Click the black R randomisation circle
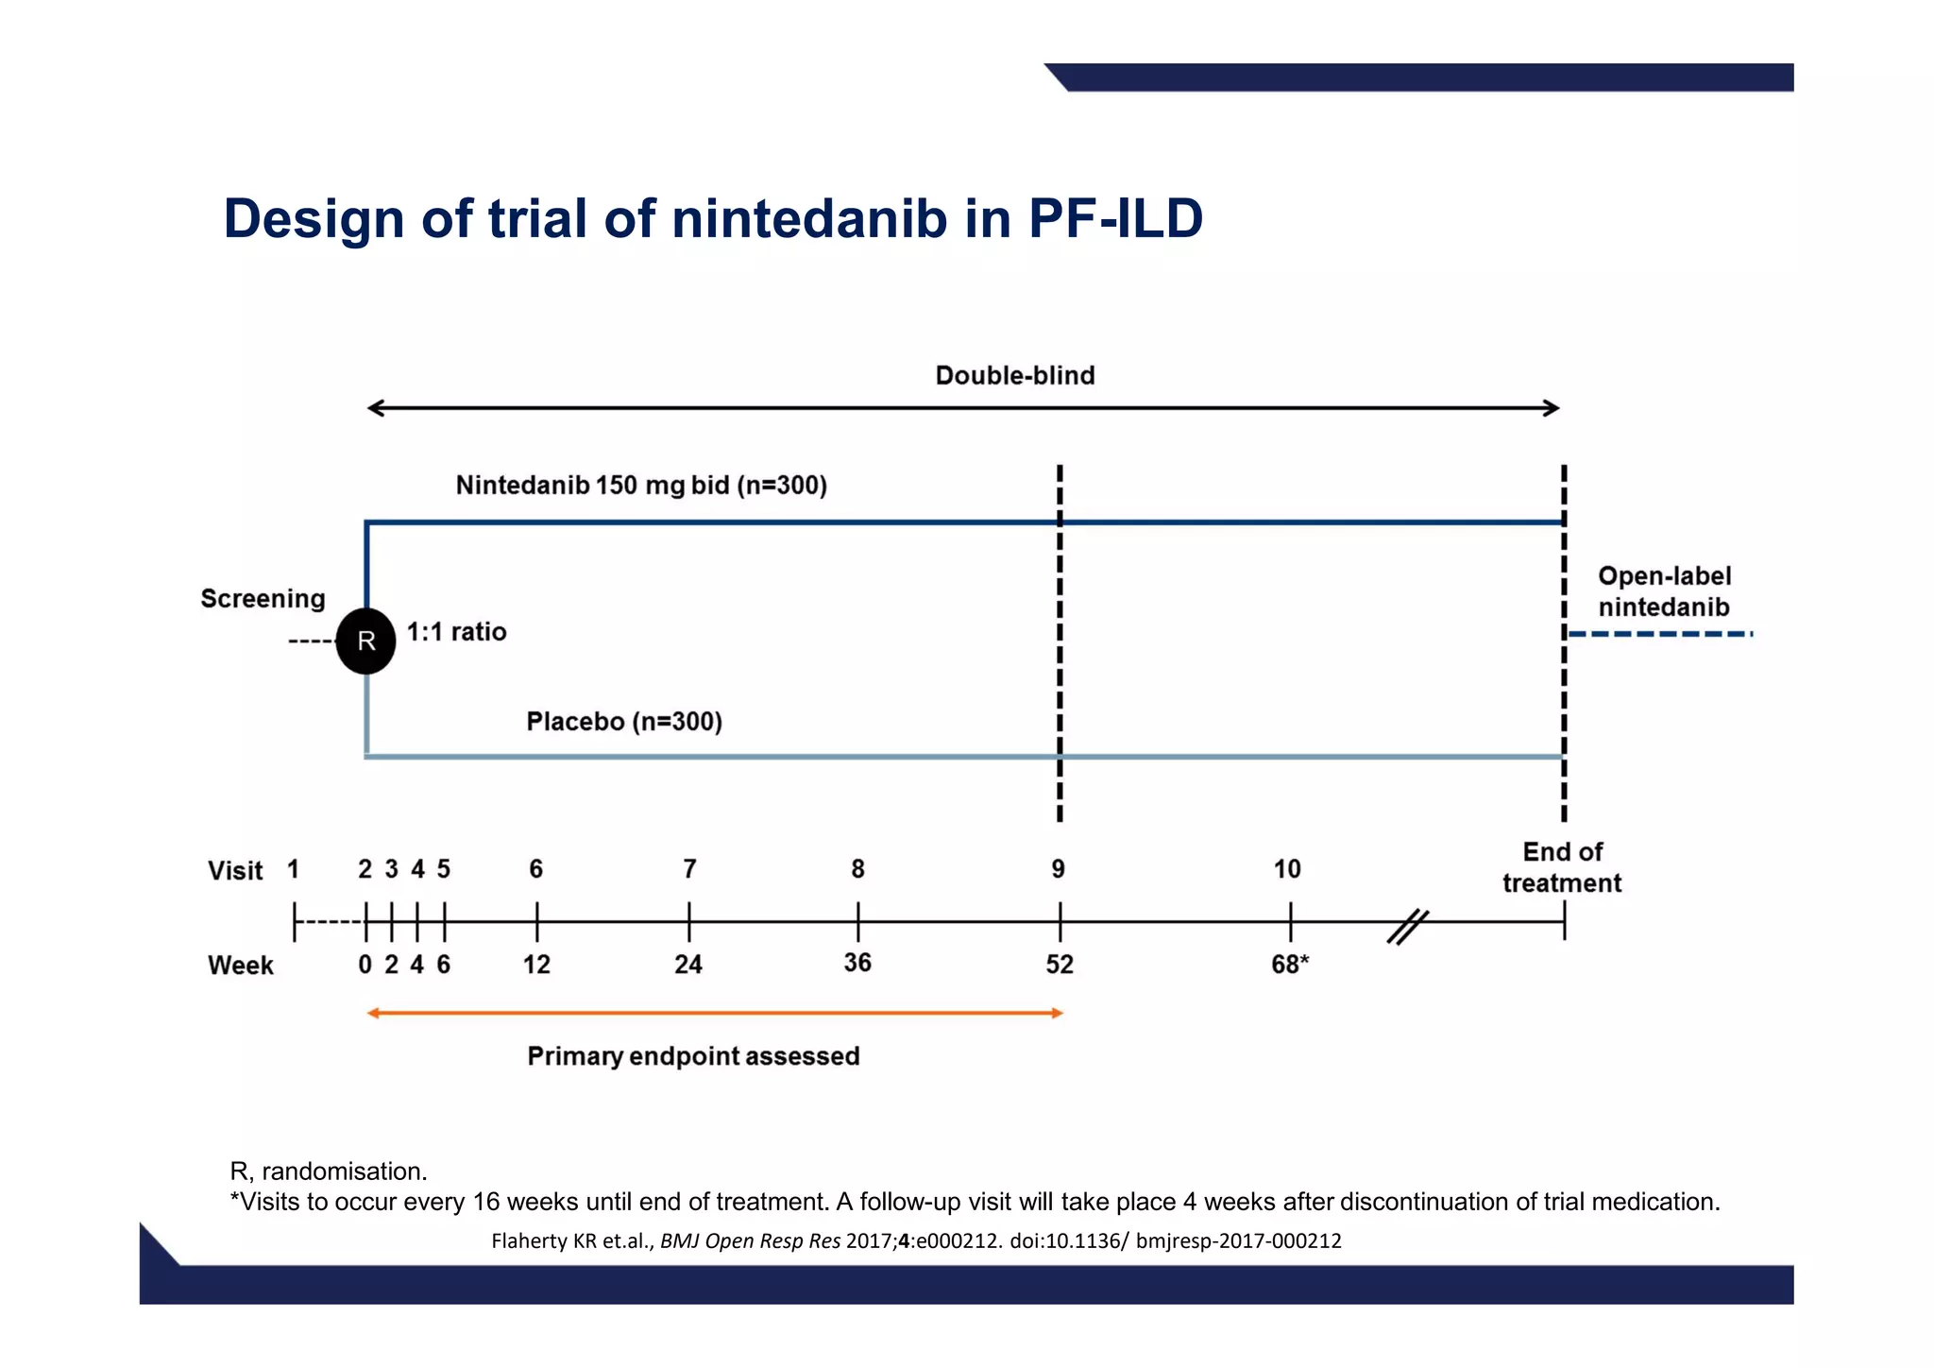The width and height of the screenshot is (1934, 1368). pyautogui.click(x=365, y=641)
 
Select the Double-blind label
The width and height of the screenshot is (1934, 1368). pyautogui.click(x=1014, y=375)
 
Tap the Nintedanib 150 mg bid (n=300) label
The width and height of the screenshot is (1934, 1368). pyautogui.click(x=641, y=485)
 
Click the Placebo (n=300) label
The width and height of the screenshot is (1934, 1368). pyautogui.click(x=623, y=721)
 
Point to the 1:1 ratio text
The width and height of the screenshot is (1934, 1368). pyautogui.click(x=456, y=631)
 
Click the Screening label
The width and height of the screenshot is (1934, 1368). pyautogui.click(x=263, y=598)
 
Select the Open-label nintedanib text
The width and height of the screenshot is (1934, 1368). pyautogui.click(x=1663, y=591)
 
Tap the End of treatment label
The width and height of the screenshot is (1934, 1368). pyautogui.click(x=1562, y=867)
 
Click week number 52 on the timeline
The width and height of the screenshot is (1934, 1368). pyautogui.click(x=1060, y=964)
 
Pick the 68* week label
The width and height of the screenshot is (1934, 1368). pyautogui.click(x=1289, y=964)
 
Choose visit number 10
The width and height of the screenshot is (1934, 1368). pyautogui.click(x=1286, y=868)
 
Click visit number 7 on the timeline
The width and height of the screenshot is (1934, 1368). pyautogui.click(x=689, y=868)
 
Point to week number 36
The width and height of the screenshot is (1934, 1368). pyautogui.click(x=857, y=962)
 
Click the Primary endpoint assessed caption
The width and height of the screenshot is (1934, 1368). pyautogui.click(x=693, y=1055)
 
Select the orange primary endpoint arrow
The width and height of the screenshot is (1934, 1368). pyautogui.click(x=715, y=1013)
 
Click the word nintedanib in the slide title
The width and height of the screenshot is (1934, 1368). pyautogui.click(x=809, y=218)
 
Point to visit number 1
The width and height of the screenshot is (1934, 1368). pyautogui.click(x=294, y=868)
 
